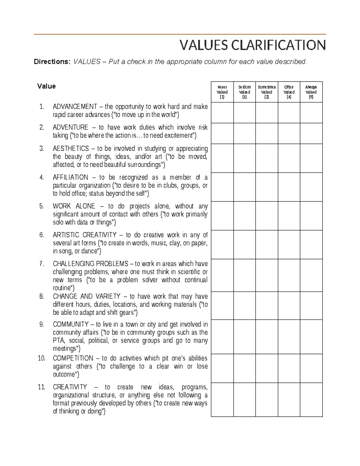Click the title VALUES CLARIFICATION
pos(252,45)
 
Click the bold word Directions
pos(52,62)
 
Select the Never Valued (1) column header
pos(222,92)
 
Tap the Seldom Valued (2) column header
pos(244,92)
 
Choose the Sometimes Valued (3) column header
pos(267,92)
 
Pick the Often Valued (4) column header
pos(289,92)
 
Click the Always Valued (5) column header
pos(311,92)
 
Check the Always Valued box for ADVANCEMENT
pos(311,113)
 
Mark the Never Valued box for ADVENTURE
pos(222,133)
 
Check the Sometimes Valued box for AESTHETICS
pos(267,158)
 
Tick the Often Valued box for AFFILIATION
pos(289,187)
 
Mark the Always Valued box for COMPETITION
pos(311,368)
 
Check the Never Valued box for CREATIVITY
pos(222,399)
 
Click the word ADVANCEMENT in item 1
pos(75,107)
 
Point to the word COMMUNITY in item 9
pos(70,324)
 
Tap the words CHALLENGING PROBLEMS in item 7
pos(91,264)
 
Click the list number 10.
pos(41,358)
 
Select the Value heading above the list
pos(46,86)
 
